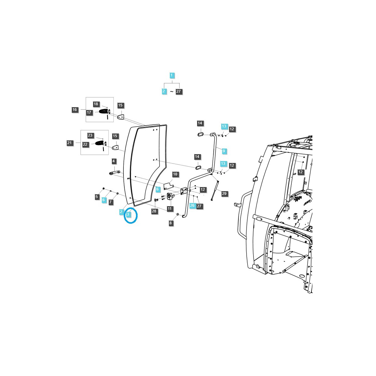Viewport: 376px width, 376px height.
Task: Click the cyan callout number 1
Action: point(172,76)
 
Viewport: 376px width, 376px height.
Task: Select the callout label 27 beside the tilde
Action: point(179,91)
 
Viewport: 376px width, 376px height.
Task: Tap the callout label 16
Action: point(75,110)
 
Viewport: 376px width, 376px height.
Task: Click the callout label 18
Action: point(96,104)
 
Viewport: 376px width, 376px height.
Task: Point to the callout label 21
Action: point(70,143)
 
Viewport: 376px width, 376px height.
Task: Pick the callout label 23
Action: point(90,135)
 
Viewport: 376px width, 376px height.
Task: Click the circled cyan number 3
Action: point(128,214)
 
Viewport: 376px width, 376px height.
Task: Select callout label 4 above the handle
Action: point(114,161)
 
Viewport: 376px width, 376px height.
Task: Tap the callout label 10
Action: point(175,174)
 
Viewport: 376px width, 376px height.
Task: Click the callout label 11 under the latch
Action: point(170,208)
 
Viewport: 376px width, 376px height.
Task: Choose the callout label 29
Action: point(224,194)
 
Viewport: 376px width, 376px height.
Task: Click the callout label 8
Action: point(171,223)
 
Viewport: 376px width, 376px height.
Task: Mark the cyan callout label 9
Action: point(224,151)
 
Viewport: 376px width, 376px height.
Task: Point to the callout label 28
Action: point(154,211)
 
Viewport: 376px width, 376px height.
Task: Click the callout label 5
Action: point(97,197)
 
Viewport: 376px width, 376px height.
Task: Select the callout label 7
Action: point(111,202)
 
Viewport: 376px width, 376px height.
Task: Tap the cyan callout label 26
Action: point(192,206)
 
